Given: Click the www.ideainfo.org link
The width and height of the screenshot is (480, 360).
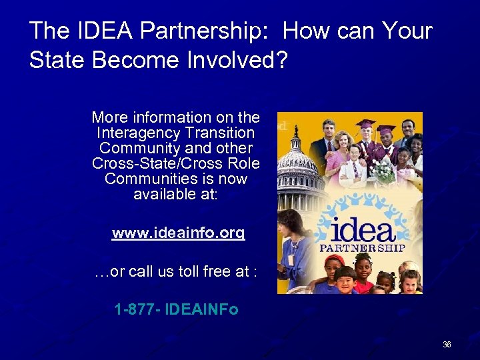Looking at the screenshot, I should (178, 233).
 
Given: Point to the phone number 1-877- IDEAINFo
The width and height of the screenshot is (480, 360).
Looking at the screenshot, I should (176, 310).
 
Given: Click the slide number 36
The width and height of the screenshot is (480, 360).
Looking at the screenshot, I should (447, 345).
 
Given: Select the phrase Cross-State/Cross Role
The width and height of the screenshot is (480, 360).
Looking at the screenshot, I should (176, 164).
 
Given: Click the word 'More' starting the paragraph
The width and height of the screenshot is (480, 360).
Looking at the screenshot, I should (107, 117).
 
